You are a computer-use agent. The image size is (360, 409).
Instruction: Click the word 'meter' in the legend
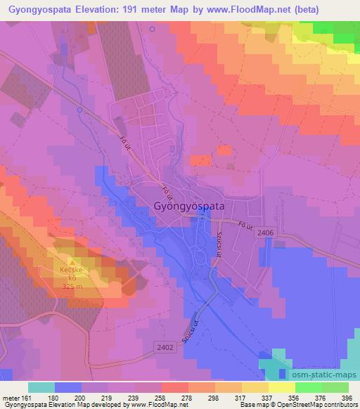point(11,397)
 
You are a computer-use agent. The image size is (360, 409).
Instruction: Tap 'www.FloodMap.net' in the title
point(240,10)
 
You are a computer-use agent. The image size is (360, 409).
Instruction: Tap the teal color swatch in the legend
point(41,387)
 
